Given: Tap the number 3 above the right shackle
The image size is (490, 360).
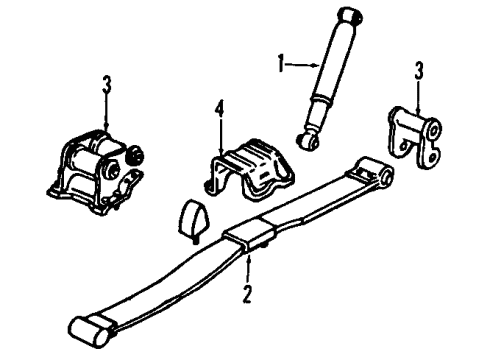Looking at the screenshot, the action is point(420,71).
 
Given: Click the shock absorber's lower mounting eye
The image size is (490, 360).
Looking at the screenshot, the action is point(311,138).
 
